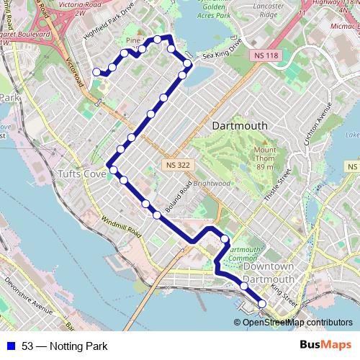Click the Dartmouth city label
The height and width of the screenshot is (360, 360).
click(x=240, y=125)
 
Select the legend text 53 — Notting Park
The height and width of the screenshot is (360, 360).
click(x=64, y=346)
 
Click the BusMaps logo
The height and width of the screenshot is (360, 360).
click(x=325, y=346)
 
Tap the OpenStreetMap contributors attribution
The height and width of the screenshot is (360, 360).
click(x=297, y=323)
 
